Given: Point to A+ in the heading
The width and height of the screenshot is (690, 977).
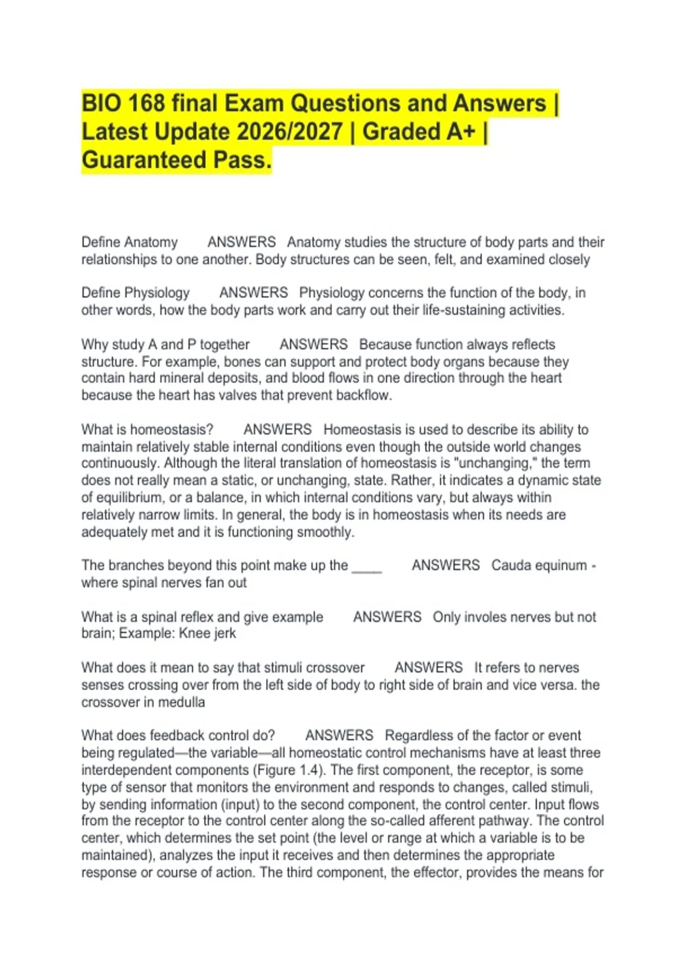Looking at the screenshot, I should [x=461, y=132].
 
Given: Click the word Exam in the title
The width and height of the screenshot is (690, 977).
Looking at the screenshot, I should [x=254, y=103].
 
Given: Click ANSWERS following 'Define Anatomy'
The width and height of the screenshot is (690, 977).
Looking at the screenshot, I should [x=241, y=242].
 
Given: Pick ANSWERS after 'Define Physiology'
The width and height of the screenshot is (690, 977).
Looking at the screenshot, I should [x=254, y=293].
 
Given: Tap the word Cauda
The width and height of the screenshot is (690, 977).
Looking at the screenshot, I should [x=511, y=566].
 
